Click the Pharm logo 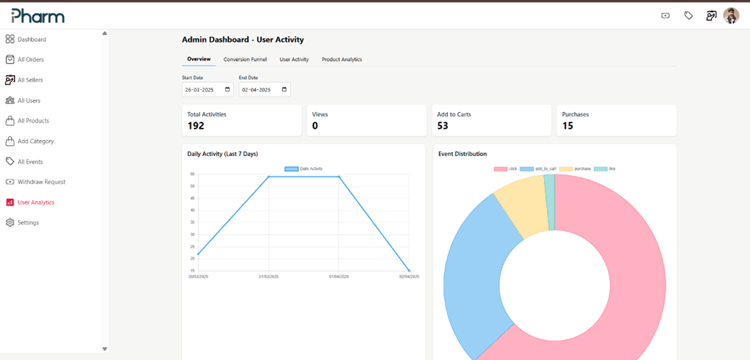pos(37,15)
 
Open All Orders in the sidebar pos(30,59)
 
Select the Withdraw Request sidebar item pos(41,182)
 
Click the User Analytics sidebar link pos(35,202)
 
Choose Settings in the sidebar pos(27,223)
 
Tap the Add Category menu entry pos(35,142)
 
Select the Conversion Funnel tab pos(245,59)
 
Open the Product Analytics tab pos(342,59)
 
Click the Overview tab pos(199,59)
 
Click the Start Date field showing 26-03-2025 pos(202,90)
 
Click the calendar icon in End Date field pos(284,90)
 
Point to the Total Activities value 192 pos(196,126)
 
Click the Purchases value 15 pos(567,126)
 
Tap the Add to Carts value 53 pos(443,126)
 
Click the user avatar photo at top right pos(730,15)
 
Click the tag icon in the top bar pos(688,15)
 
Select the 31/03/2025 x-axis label pos(269,276)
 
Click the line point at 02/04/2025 pos(409,270)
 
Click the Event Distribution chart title pos(462,154)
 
